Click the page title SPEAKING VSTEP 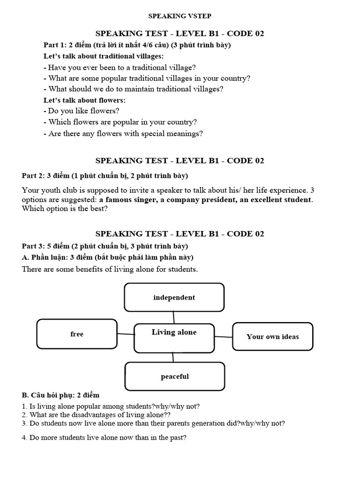tap(180, 16)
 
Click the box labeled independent tap(174, 297)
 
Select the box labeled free tap(77, 334)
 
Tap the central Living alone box tap(174, 337)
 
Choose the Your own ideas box tap(272, 336)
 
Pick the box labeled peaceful tap(174, 376)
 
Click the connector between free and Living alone tap(126, 334)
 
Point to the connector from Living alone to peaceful tap(173, 358)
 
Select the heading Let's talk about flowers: tap(84, 100)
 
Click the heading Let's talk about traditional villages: tap(104, 56)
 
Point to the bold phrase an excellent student tap(275, 200)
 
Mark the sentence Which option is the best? tap(65, 209)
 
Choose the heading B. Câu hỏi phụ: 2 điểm tap(60, 395)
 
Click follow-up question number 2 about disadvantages tap(96, 414)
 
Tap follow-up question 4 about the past tap(104, 438)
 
